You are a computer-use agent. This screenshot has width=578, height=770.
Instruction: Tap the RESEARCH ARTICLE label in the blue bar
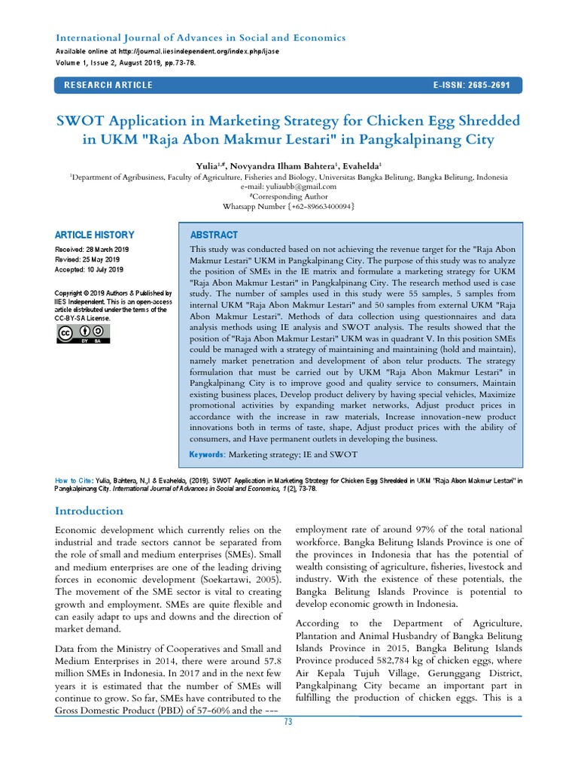coord(108,85)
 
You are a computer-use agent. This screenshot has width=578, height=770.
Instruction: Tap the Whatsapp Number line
coord(288,206)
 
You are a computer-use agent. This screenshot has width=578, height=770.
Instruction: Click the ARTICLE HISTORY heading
coord(96,235)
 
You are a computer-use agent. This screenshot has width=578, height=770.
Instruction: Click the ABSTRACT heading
coord(214,235)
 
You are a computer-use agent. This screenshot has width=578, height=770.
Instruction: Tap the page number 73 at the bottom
coord(287,723)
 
